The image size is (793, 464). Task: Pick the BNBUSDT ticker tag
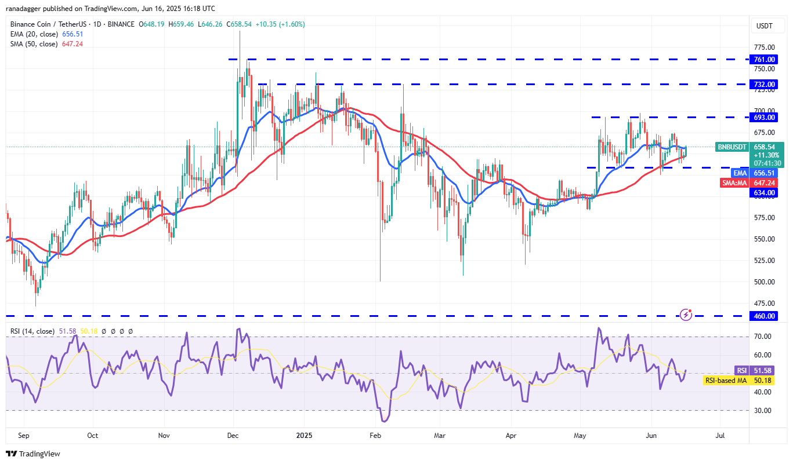[x=733, y=147]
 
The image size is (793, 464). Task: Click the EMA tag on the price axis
[x=740, y=173]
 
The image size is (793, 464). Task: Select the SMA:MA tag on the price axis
[x=734, y=182]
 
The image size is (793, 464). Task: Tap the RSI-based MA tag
[x=725, y=380]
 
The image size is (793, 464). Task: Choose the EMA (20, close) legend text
[x=34, y=34]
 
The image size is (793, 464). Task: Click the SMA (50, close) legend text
[x=34, y=43]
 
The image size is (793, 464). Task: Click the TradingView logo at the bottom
[x=33, y=454]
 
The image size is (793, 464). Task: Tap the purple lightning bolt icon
[x=686, y=314]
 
